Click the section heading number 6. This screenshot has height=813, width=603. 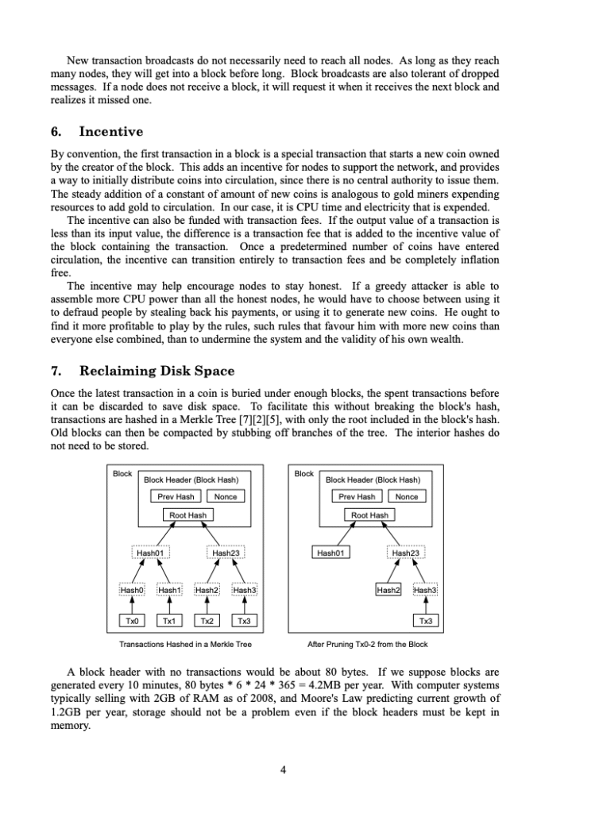(56, 131)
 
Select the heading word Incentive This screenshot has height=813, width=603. (111, 131)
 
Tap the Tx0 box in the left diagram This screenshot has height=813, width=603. (132, 621)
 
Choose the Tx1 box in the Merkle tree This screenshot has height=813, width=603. (169, 621)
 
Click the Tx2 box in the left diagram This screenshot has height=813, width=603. (207, 621)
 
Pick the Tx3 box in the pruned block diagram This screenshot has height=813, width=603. (426, 621)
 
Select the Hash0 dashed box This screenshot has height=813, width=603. (132, 590)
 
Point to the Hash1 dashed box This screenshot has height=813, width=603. (169, 590)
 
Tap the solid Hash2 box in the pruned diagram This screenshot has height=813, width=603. (388, 590)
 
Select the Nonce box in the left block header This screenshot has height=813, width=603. (226, 496)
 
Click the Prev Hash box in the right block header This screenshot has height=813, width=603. (357, 496)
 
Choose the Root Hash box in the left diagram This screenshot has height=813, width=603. (188, 515)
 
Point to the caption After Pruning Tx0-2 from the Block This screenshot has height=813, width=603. (367, 645)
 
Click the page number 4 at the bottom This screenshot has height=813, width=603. (284, 769)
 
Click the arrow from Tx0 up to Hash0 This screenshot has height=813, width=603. (132, 605)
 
